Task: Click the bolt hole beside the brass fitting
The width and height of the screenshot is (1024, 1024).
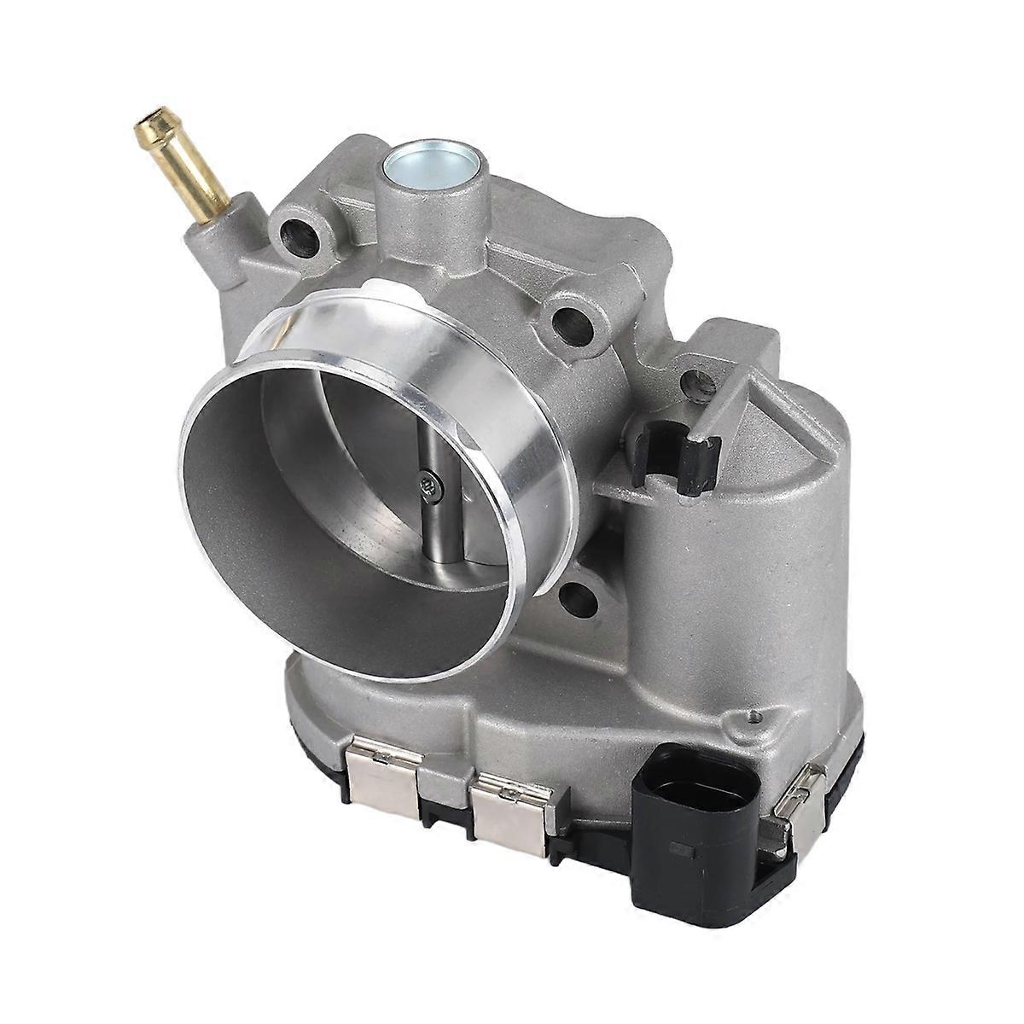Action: click(x=300, y=231)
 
